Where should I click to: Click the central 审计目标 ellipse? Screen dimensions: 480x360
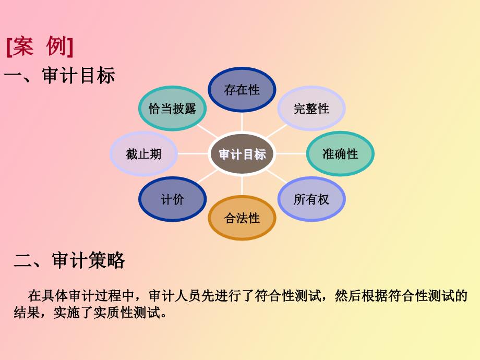[242, 154]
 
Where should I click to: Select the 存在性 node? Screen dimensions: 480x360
[242, 90]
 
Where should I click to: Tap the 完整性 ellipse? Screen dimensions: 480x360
[311, 109]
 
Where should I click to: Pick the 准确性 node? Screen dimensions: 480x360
[340, 154]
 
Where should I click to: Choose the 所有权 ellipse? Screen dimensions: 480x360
[311, 199]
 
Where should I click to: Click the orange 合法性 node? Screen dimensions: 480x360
[242, 218]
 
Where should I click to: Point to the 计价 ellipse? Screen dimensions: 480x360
[172, 199]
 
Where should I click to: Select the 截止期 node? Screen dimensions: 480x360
[143, 154]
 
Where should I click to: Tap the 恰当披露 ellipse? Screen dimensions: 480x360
[172, 109]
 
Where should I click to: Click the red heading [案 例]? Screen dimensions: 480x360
[40, 46]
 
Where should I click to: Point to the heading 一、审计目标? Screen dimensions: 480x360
[59, 75]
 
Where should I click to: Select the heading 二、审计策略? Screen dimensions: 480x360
[69, 260]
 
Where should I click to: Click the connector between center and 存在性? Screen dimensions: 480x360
[242, 122]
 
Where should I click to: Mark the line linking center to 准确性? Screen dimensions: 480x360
[291, 154]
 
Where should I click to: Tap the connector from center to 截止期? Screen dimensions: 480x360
[193, 154]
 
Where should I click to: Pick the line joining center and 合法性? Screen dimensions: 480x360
[242, 186]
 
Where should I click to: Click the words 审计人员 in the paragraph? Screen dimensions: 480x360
[175, 296]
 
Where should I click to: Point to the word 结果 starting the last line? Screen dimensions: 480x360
[27, 313]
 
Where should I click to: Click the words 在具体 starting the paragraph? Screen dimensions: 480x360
[48, 296]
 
